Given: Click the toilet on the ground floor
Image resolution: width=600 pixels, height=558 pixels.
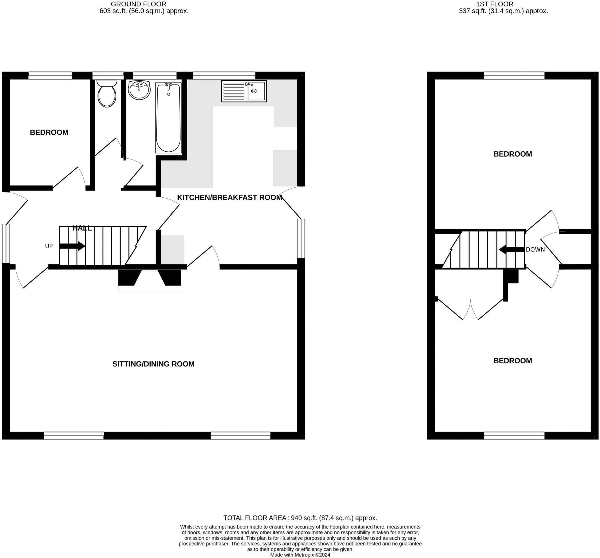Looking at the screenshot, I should [107, 94].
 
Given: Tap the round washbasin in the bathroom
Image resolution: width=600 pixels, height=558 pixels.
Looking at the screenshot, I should [139, 90].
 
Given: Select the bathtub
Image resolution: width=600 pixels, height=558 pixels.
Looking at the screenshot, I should [168, 118].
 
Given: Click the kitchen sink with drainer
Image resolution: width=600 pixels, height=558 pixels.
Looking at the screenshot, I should [244, 91].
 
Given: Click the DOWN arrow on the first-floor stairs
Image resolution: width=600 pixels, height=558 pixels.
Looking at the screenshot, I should [512, 250].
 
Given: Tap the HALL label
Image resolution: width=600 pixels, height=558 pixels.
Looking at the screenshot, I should [82, 228].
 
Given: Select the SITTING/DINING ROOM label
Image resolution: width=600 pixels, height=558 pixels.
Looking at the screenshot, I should [153, 364].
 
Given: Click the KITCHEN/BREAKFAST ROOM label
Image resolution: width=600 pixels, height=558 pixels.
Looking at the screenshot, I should [229, 198].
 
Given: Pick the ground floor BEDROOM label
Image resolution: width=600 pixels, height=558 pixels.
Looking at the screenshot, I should [49, 132].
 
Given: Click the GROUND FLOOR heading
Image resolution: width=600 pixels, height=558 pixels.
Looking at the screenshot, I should [139, 4].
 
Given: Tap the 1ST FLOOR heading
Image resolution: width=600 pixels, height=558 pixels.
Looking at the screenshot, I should [499, 4].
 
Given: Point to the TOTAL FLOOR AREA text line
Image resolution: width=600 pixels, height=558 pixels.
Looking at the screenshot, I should [300, 518].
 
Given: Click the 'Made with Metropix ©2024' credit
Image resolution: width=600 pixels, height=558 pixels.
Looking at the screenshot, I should [300, 555].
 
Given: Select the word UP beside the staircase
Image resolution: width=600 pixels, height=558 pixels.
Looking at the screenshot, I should [49, 246].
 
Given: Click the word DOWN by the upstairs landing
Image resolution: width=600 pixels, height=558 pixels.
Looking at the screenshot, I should [535, 250].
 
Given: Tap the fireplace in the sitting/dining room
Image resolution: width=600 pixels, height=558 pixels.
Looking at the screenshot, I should [149, 279].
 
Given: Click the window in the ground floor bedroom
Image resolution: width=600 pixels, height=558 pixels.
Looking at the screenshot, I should [50, 76].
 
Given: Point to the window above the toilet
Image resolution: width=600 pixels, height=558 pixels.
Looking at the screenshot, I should [108, 76].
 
